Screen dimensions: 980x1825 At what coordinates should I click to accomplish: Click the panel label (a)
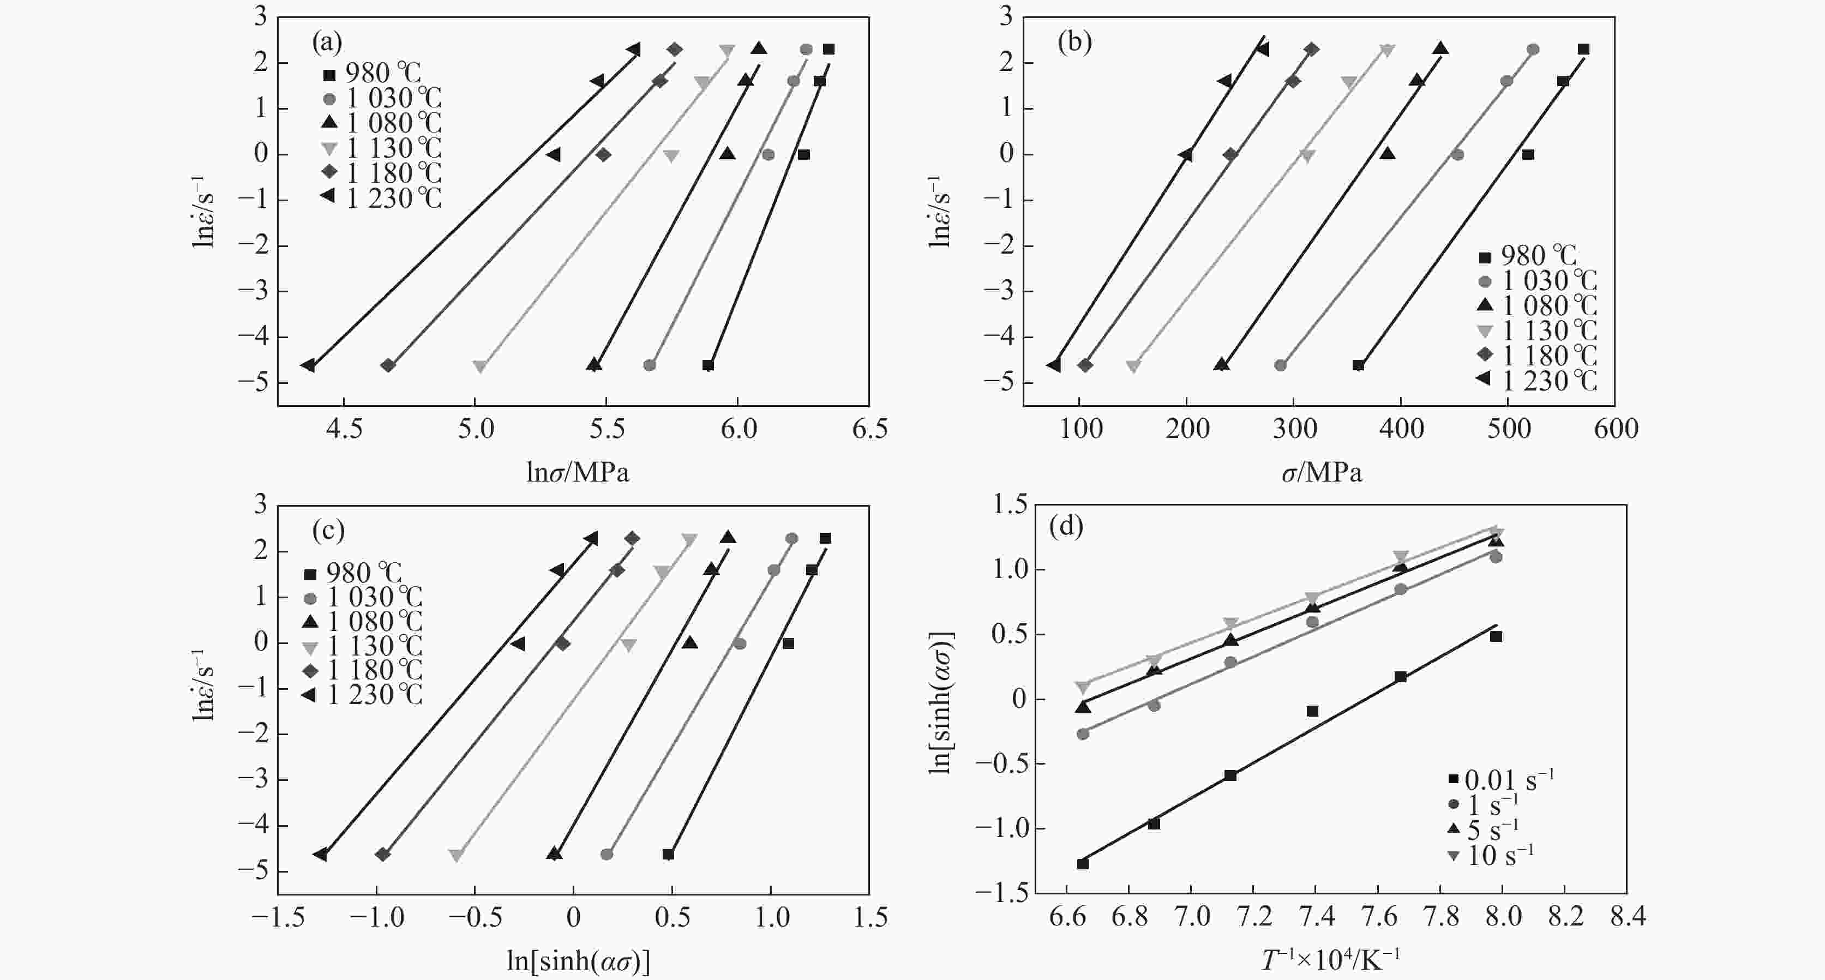click(327, 44)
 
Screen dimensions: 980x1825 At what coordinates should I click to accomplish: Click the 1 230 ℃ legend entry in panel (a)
click(382, 199)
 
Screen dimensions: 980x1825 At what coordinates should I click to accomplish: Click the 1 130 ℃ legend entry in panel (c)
click(363, 646)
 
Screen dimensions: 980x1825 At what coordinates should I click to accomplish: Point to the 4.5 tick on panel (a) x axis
click(344, 429)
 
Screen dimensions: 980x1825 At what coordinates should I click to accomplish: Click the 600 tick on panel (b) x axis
click(1616, 429)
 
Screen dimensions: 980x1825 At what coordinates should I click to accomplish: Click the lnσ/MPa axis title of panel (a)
click(578, 472)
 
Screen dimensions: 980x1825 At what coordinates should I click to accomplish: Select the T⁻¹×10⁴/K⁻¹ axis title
click(1330, 960)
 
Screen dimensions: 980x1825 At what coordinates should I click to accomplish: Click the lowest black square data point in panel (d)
click(1083, 864)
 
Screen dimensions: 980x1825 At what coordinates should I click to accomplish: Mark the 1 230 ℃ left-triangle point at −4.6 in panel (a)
click(308, 365)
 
